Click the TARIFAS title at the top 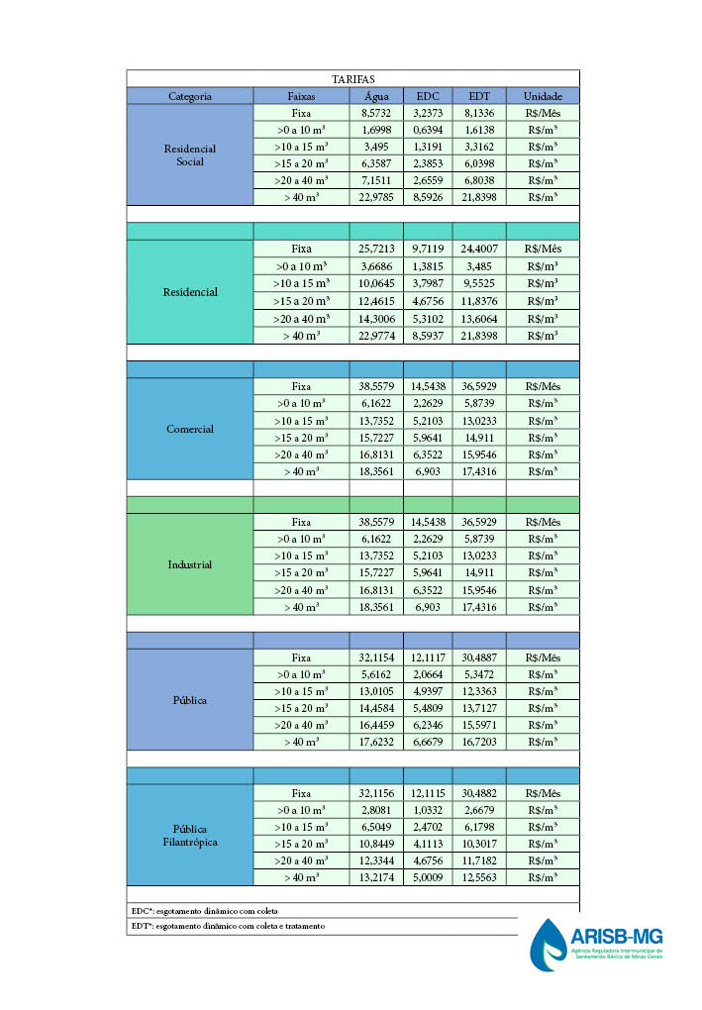pyautogui.click(x=352, y=79)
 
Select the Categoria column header pyautogui.click(x=189, y=96)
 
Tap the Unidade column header pyautogui.click(x=542, y=96)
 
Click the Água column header pyautogui.click(x=376, y=96)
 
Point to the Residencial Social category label pyautogui.click(x=189, y=155)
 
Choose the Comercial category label pyautogui.click(x=189, y=429)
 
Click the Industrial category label pyautogui.click(x=189, y=564)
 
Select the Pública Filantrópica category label pyautogui.click(x=189, y=835)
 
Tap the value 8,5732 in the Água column pyautogui.click(x=376, y=113)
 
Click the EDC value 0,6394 pyautogui.click(x=427, y=130)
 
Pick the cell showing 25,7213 pyautogui.click(x=376, y=249)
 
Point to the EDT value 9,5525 pyautogui.click(x=479, y=282)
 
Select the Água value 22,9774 pyautogui.click(x=376, y=336)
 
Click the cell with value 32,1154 pyautogui.click(x=376, y=657)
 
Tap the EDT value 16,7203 pyautogui.click(x=479, y=742)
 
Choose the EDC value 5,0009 pyautogui.click(x=427, y=877)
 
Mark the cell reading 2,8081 pyautogui.click(x=376, y=809)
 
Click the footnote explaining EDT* pyautogui.click(x=228, y=926)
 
